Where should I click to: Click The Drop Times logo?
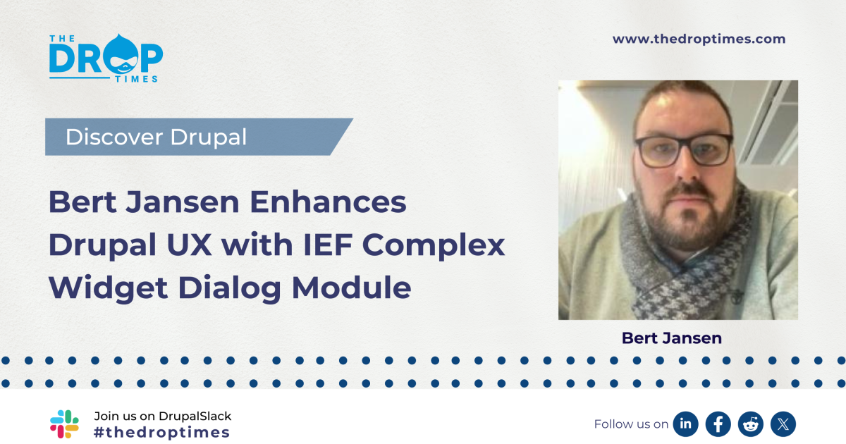(106, 58)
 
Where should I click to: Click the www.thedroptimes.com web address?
(699, 39)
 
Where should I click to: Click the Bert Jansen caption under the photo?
(672, 338)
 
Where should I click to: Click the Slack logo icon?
(65, 424)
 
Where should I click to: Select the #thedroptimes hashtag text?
(161, 432)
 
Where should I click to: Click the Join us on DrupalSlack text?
(162, 416)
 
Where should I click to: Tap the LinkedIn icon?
(685, 424)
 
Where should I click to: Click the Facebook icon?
(718, 424)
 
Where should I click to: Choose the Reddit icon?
(751, 424)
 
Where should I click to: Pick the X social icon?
(783, 424)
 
